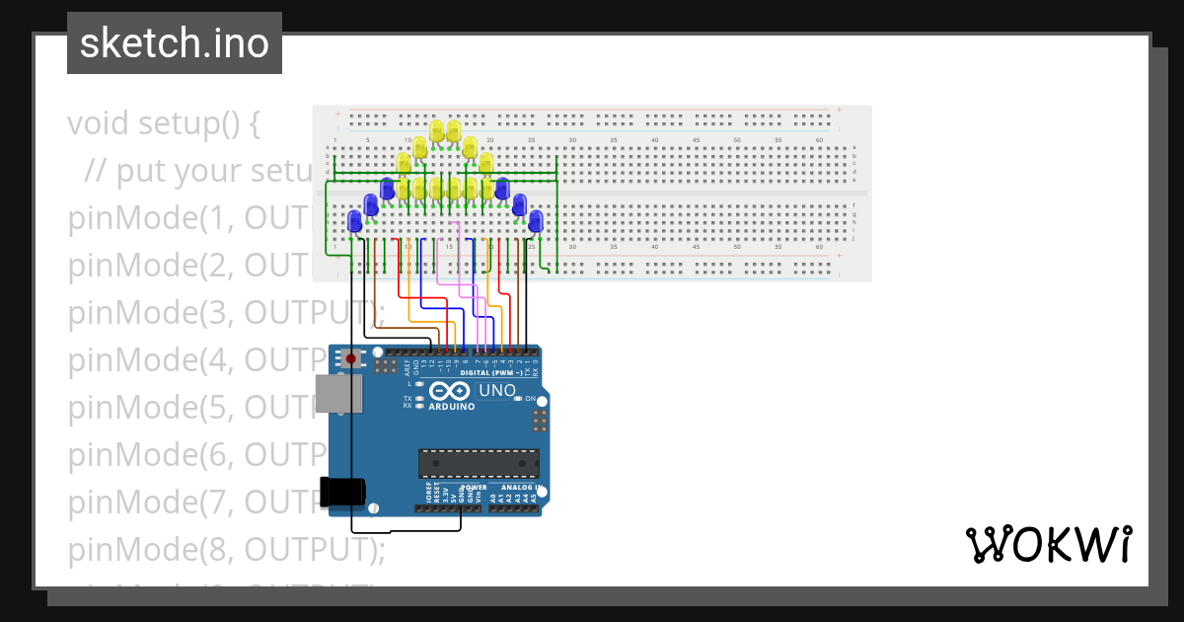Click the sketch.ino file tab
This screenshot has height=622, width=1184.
click(175, 43)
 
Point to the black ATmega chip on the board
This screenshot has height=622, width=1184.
click(480, 464)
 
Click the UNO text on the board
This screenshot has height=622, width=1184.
click(496, 391)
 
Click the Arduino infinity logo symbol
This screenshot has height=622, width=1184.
click(450, 391)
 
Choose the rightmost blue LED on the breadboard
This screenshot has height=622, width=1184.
click(536, 221)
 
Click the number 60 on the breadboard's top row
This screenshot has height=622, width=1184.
click(820, 140)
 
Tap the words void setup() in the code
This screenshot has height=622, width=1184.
click(163, 124)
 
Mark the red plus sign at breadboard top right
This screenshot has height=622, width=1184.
click(839, 110)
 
